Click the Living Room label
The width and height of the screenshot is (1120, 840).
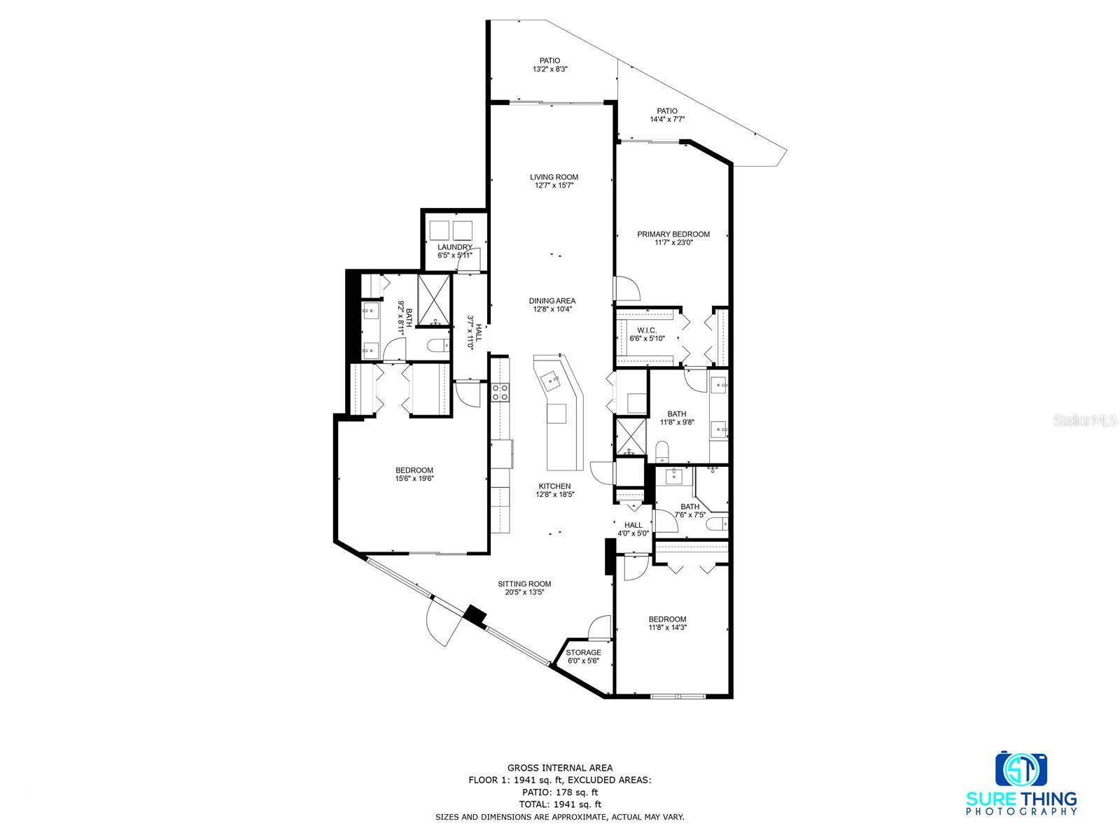(554, 177)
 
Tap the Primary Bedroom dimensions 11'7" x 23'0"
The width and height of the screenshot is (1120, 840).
(673, 243)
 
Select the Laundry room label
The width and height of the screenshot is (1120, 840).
(454, 247)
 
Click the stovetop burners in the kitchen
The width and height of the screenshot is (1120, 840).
(500, 393)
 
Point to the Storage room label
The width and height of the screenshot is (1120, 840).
(583, 652)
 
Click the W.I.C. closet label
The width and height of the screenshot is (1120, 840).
(645, 330)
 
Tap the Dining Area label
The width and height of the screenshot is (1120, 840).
(552, 301)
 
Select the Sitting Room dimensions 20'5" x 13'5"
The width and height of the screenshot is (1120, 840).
(524, 592)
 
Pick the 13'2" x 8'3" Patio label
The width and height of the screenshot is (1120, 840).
(549, 61)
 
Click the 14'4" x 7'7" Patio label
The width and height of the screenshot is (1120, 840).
(666, 111)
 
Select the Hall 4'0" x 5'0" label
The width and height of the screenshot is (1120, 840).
(633, 525)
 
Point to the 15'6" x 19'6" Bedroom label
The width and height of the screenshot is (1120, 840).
(414, 470)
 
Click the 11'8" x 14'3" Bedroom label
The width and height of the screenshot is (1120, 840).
(667, 619)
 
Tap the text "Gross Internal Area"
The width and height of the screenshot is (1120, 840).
(559, 767)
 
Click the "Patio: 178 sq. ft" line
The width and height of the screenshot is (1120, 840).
(559, 792)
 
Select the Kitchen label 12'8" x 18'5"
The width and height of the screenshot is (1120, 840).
(554, 486)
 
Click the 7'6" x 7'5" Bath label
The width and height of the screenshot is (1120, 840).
(689, 507)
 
